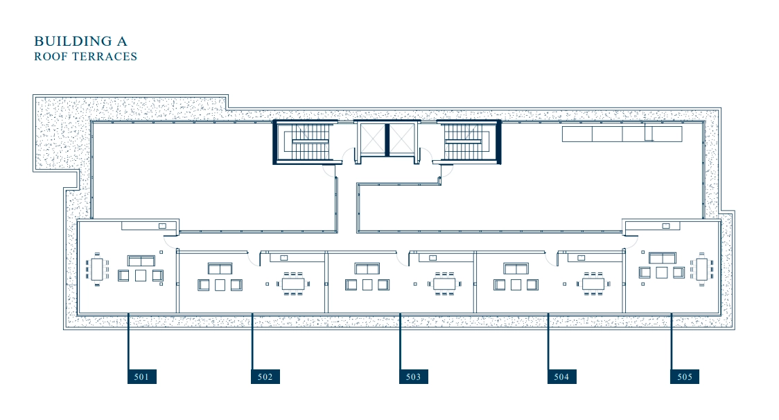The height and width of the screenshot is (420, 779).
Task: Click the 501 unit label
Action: [x=142, y=377]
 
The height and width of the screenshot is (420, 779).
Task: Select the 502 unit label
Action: [x=265, y=377]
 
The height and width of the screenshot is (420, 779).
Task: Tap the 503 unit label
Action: [x=413, y=377]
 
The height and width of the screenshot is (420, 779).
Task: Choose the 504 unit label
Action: [x=562, y=377]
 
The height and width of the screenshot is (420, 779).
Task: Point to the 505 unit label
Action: [x=685, y=377]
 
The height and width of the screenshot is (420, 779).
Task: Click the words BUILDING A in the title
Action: [x=80, y=42]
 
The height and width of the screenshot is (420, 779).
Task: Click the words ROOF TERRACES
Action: [x=85, y=57]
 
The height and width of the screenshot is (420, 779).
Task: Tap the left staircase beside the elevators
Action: [x=304, y=142]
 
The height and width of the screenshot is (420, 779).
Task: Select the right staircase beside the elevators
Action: [x=470, y=142]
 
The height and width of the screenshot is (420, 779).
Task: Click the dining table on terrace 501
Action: [x=97, y=269]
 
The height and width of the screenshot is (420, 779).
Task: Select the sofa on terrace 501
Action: [x=141, y=261]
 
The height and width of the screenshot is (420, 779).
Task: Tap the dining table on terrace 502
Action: [x=293, y=283]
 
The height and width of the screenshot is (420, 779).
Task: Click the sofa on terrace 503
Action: [x=367, y=269]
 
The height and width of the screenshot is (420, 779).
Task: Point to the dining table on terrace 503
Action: [x=444, y=283]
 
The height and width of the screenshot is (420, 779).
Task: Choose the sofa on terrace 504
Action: [x=516, y=269]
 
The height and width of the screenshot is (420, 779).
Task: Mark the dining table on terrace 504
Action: [x=593, y=283]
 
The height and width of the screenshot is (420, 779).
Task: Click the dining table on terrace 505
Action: [x=701, y=269]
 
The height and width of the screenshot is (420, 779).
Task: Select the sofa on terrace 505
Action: [x=663, y=258]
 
